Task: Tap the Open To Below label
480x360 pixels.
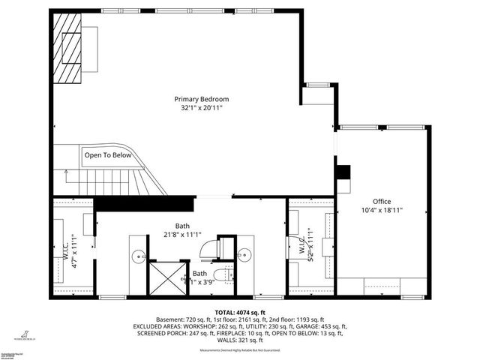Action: pos(108,155)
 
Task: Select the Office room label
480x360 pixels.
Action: pos(382,201)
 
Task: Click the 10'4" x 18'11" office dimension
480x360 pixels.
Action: pos(382,211)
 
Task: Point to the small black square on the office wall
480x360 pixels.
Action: pos(343,172)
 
